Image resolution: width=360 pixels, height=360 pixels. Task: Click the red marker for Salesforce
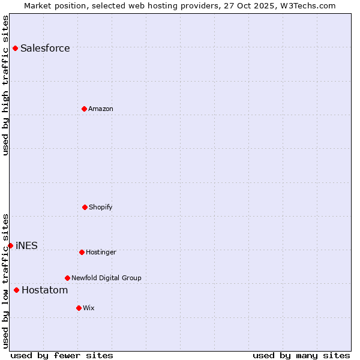coord(15,48)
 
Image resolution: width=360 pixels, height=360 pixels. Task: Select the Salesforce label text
coord(45,49)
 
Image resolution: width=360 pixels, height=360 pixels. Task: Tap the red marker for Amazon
coord(85,109)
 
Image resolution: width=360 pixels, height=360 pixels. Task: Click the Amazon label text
coord(101,109)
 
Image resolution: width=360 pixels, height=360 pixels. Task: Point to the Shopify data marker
coord(85,207)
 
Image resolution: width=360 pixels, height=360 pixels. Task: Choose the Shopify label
coord(101,208)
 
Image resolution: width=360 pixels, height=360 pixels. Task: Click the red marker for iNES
coord(10,245)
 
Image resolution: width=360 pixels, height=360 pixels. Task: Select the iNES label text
coord(26,246)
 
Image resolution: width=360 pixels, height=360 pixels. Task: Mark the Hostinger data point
coord(82,252)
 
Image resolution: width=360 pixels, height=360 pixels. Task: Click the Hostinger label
coord(101,253)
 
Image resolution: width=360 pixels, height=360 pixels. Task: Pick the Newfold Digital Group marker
coord(67,278)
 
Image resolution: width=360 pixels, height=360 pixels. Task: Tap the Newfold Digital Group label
coord(106,278)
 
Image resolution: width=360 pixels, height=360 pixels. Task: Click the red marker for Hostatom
coord(16,290)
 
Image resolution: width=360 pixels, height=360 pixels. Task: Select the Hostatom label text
coord(44,291)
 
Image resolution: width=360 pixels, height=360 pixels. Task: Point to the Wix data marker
coord(79,308)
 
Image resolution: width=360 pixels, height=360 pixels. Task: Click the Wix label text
coord(89,308)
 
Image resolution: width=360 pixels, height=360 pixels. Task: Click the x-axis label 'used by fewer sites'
coord(62,356)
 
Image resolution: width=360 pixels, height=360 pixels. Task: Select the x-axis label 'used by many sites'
coord(301,356)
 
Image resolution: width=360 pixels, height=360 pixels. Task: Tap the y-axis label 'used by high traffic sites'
coord(5,85)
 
